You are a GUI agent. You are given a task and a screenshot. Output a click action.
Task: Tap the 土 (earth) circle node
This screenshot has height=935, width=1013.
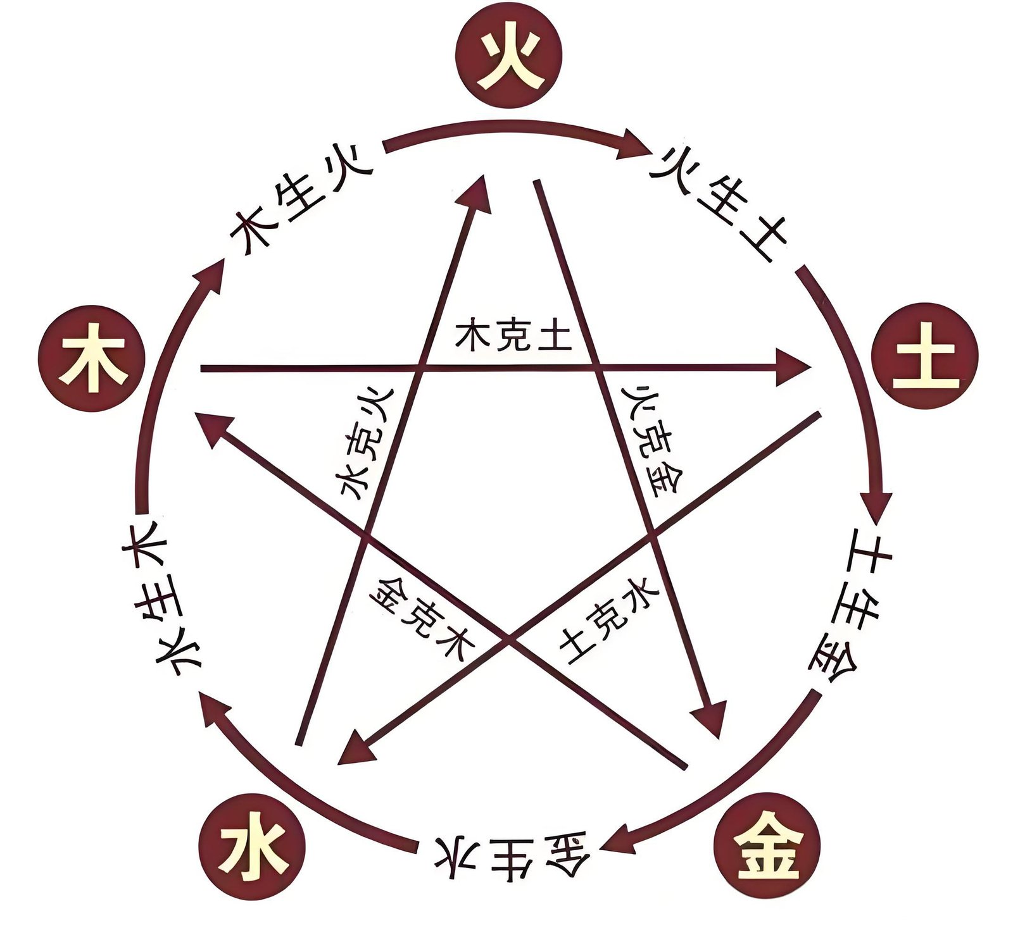924,366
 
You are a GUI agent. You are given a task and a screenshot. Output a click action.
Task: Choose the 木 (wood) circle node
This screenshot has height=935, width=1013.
92,365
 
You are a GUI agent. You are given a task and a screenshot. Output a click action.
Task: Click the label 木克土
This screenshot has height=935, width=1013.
513,337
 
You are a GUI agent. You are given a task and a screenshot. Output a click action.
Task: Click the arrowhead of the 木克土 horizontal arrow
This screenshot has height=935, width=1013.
795,366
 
